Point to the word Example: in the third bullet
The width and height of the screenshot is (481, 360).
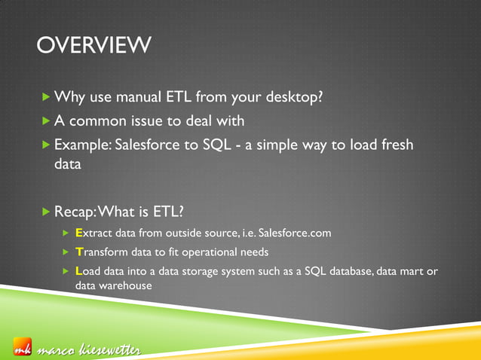pos(82,145)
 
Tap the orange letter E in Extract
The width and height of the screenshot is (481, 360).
pos(80,234)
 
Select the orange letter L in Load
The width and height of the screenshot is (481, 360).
pos(80,271)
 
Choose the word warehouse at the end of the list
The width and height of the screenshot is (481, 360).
pos(127,286)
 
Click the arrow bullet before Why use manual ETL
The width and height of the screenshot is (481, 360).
pos(47,98)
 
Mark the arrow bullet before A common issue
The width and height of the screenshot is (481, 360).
pos(47,121)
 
